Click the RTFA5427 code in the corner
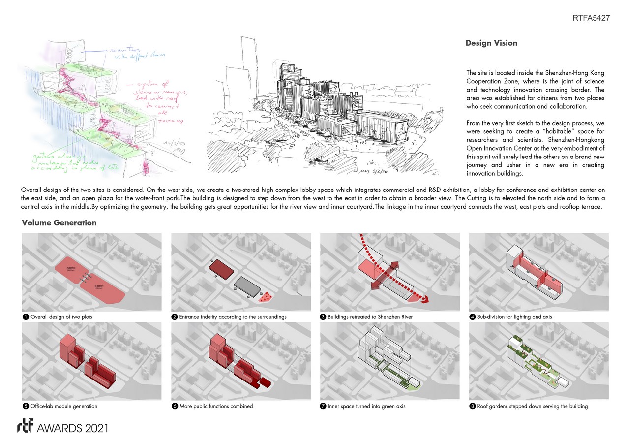(x=591, y=18)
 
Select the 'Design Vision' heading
(x=491, y=43)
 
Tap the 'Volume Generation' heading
(x=59, y=223)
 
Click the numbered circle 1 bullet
(x=25, y=317)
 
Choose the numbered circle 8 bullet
(x=473, y=406)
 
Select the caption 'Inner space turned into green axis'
(x=367, y=406)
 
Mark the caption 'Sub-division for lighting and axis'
(x=514, y=317)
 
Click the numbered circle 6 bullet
(x=175, y=406)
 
